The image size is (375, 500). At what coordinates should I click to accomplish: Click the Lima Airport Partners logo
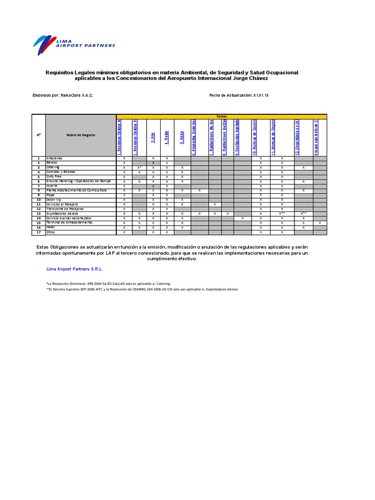(x=74, y=44)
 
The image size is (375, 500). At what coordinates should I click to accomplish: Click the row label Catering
(x=53, y=167)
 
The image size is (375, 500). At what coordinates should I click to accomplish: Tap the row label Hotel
(x=51, y=227)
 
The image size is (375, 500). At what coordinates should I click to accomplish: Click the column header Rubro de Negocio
(x=82, y=135)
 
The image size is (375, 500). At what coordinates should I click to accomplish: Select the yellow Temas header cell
(x=221, y=116)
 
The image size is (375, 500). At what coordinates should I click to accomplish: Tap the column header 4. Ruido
(x=167, y=137)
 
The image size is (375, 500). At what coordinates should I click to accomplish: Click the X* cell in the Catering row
(x=139, y=167)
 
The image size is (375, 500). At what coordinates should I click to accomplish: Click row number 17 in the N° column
(x=38, y=232)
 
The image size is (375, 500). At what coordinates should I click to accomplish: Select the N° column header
(x=38, y=135)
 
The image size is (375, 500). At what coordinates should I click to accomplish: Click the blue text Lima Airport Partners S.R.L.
(x=74, y=269)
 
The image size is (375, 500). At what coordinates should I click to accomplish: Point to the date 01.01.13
(x=261, y=95)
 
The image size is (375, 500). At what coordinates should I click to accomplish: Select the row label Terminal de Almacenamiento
(x=68, y=223)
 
